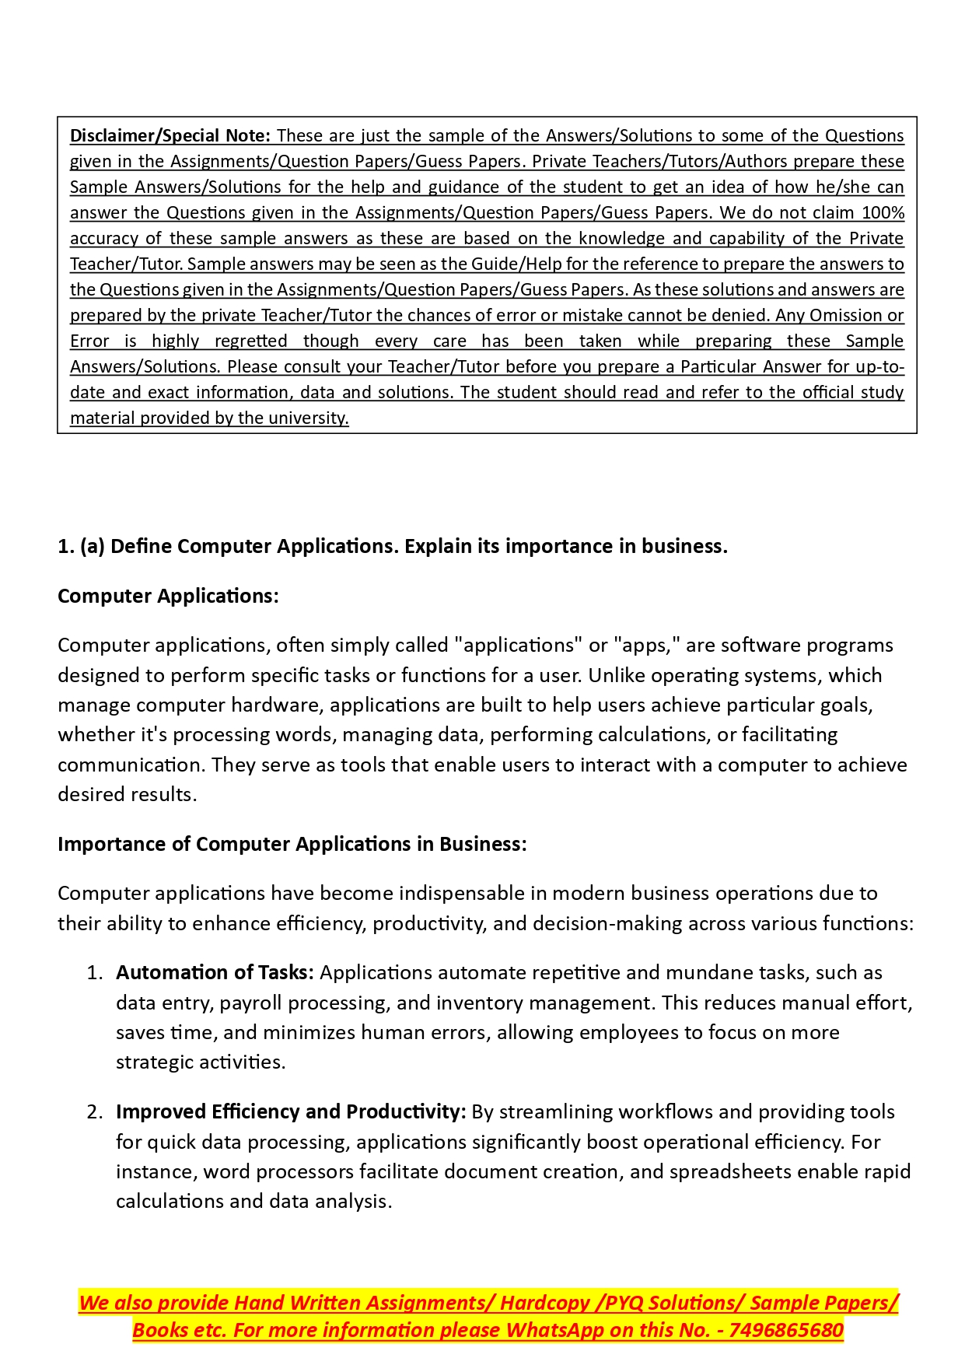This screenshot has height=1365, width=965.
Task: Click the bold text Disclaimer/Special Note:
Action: [x=170, y=135]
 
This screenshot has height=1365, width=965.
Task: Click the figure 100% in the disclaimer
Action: [x=883, y=212]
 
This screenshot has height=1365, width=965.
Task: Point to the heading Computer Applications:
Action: [x=168, y=596]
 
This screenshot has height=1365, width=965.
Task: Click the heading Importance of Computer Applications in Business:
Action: [x=292, y=844]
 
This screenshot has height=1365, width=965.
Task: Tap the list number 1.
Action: [x=95, y=973]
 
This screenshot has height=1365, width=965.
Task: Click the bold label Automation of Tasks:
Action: [x=215, y=973]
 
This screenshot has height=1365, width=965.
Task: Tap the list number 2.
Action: [x=95, y=1112]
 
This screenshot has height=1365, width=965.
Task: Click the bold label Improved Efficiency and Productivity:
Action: [x=291, y=1112]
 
